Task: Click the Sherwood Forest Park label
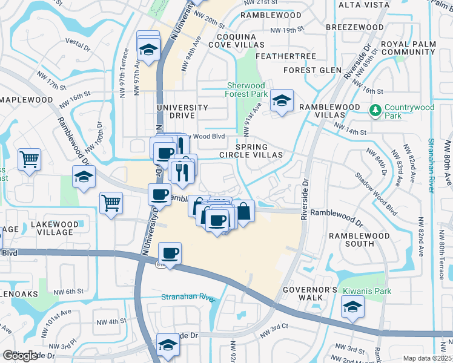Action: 247,90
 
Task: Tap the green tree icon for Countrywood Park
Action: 375,110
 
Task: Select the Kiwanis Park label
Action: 363,291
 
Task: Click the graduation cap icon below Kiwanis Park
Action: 352,307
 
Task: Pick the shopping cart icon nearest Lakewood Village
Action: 111,204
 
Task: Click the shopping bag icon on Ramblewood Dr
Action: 243,212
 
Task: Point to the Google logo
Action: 20,356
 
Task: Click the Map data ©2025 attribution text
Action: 427,358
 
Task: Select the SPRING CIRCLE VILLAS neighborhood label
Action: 259,151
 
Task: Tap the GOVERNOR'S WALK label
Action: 309,294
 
